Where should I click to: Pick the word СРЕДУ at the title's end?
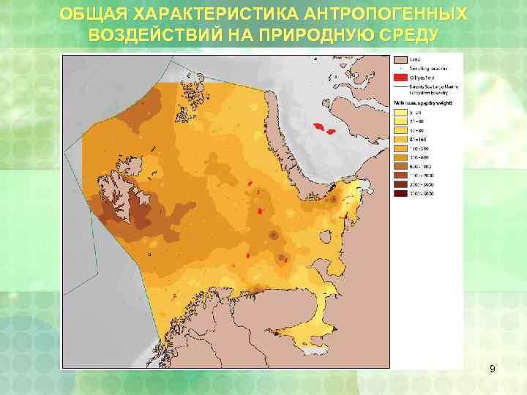click(407, 35)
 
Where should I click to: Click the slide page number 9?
click(492, 369)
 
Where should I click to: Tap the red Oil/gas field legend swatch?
click(400, 76)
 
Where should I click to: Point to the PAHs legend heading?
click(423, 103)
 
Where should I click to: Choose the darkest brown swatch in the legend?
click(400, 194)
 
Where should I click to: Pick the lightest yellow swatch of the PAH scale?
click(400, 113)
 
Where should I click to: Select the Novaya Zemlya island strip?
click(293, 161)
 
